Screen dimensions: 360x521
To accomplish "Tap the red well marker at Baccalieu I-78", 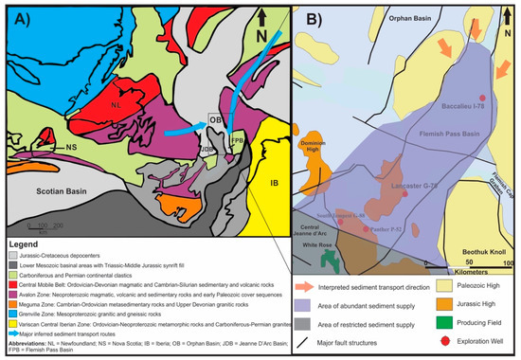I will click(x=483, y=98).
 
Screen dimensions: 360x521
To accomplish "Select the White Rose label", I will click(x=317, y=244).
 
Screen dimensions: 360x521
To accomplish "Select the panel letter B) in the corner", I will click(x=305, y=16).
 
